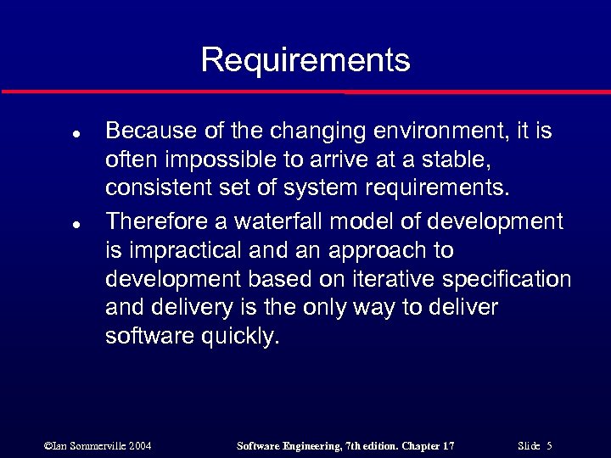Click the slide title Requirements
point(305,60)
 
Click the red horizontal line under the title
point(305,92)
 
